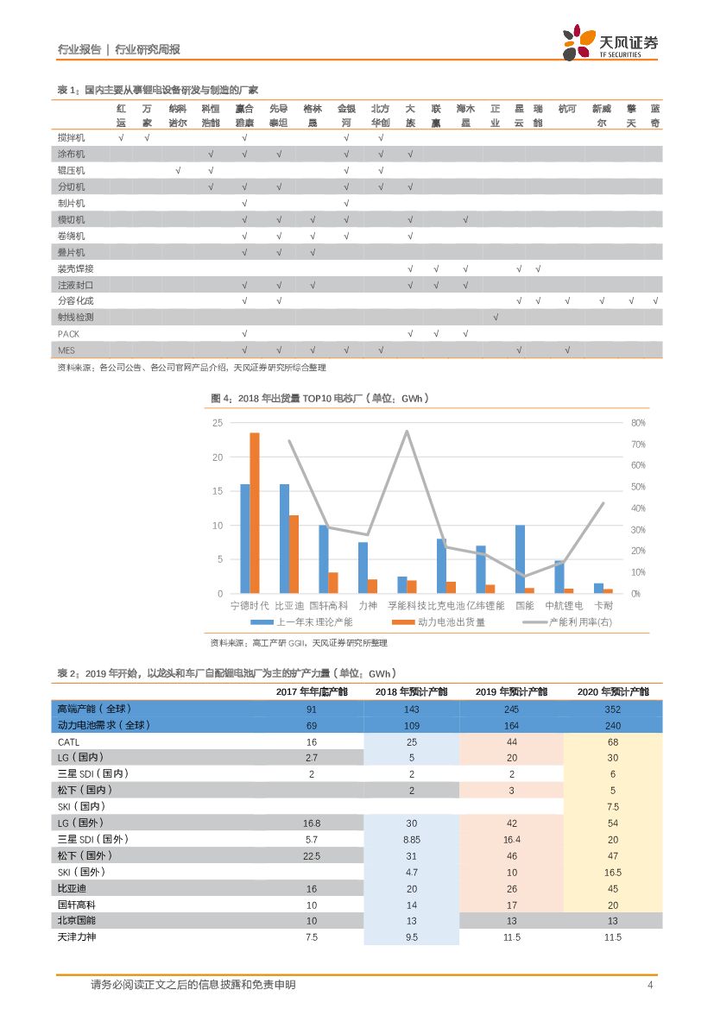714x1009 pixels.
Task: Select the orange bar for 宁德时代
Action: click(x=255, y=513)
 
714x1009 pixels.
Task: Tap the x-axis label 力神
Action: click(x=367, y=606)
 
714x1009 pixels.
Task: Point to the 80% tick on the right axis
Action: click(x=637, y=423)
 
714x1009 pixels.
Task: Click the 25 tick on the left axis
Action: click(x=218, y=423)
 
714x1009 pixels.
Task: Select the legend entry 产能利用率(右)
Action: click(x=570, y=622)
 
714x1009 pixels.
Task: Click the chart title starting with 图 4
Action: click(x=319, y=398)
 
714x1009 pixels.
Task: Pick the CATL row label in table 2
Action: click(x=68, y=741)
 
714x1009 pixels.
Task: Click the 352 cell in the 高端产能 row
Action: click(x=612, y=709)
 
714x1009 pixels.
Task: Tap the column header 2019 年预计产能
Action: click(x=511, y=691)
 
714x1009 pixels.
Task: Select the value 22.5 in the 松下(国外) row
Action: click(x=312, y=855)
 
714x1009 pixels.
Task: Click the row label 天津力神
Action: click(x=78, y=937)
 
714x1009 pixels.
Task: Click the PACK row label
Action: click(x=68, y=333)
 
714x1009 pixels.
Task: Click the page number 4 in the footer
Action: click(x=650, y=985)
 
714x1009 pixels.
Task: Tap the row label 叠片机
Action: click(x=71, y=252)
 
